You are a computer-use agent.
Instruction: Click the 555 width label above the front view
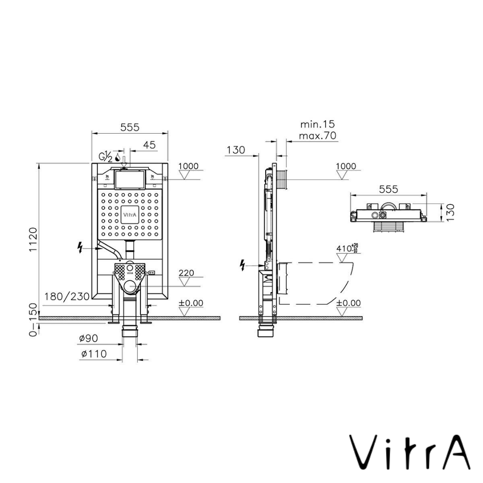click(130, 127)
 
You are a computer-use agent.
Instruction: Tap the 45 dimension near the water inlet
click(149, 145)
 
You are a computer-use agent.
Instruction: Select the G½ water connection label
click(106, 157)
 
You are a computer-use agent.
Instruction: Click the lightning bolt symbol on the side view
click(242, 266)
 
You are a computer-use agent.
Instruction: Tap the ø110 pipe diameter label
click(94, 354)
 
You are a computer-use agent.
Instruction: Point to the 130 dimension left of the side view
click(236, 150)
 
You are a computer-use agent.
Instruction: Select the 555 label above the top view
click(388, 189)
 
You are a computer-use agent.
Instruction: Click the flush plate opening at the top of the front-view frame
click(130, 179)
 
